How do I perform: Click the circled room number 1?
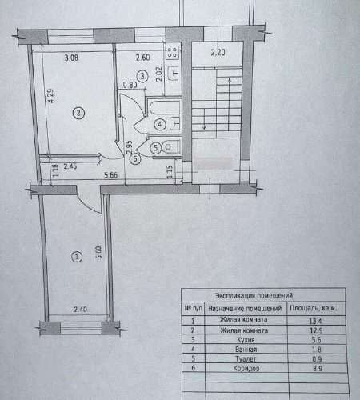tap(77, 257)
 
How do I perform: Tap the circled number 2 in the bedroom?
tap(78, 113)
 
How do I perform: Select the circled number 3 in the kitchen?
tap(142, 76)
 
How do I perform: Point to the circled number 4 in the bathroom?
tap(160, 124)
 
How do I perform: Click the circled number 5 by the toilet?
tap(156, 148)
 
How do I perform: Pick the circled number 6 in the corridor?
tap(135, 159)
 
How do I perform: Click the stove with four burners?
tap(172, 52)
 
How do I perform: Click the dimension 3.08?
tap(71, 58)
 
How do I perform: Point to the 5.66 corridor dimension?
tap(111, 175)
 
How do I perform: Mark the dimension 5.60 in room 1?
tap(99, 253)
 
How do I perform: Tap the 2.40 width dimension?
tap(80, 310)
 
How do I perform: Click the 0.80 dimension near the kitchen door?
tap(130, 85)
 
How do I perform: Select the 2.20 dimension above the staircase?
tap(218, 52)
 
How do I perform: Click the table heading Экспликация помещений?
tap(254, 295)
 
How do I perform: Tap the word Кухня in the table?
tap(246, 340)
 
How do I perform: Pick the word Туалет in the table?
tap(246, 359)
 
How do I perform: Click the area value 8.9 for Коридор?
tap(318, 369)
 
